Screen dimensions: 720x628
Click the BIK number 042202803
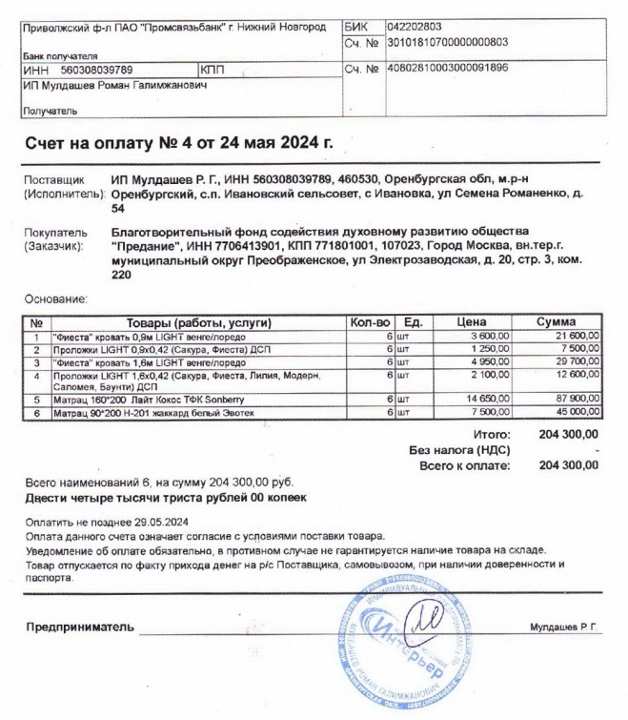pos(415,28)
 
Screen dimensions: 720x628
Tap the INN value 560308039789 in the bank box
pos(96,70)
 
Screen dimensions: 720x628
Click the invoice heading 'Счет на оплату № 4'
pos(179,143)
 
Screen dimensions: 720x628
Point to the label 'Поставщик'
pos(53,179)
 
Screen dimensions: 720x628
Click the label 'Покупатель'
pos(53,233)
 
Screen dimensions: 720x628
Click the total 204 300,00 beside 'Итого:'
pos(569,434)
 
